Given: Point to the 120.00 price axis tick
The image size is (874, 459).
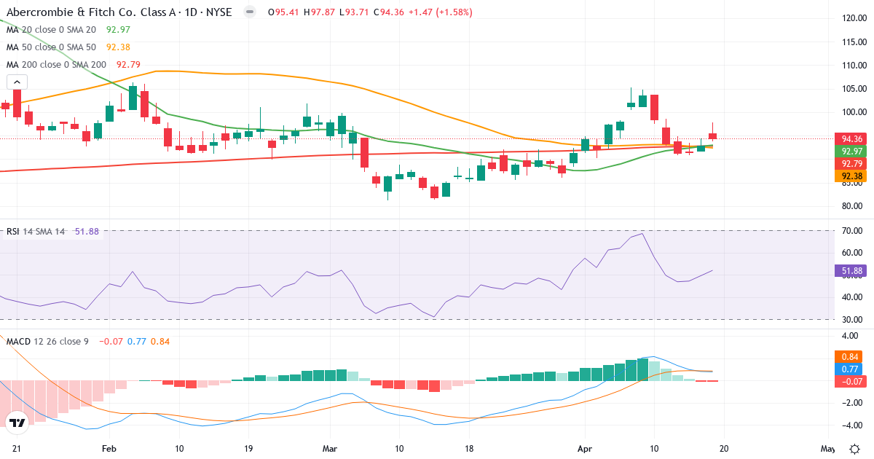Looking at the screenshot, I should pos(852,18).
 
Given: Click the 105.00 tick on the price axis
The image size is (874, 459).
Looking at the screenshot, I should pos(852,89).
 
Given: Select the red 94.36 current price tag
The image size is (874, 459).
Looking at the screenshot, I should pos(852,138).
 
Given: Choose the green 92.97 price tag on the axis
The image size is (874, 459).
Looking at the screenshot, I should pos(852,151).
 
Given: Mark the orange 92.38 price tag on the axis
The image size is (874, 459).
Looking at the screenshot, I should pos(852,176).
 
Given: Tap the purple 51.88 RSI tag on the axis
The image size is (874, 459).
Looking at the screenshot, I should pos(852,271).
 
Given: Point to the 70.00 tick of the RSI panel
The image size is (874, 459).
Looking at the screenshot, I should pos(852,231).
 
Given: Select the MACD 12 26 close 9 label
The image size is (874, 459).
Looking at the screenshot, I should pos(47,341).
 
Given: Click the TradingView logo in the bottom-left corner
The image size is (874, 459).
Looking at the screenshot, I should pos(17,423).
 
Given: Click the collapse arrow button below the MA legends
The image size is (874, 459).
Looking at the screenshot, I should pos(17,82).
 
